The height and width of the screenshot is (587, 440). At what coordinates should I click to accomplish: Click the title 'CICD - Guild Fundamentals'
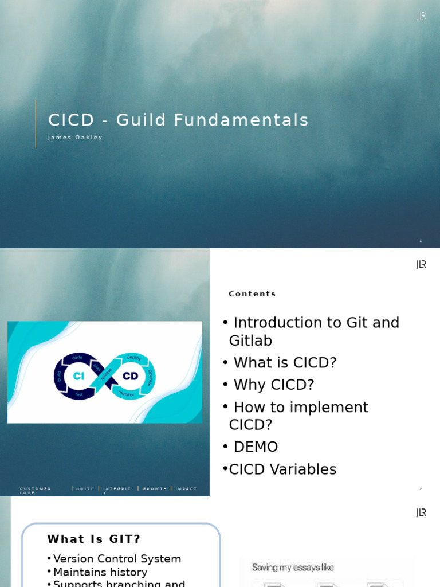178,120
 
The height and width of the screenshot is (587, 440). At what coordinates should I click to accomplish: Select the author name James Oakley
75,138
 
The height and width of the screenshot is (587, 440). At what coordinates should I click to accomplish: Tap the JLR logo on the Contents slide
421,264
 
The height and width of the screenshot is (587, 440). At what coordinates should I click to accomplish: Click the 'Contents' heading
252,294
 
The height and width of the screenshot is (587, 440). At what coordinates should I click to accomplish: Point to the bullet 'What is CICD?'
285,363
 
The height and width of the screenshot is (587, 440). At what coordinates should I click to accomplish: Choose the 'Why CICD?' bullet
273,385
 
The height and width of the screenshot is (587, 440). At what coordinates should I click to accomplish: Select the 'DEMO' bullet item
256,447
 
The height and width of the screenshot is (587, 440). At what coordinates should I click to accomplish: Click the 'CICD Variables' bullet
282,469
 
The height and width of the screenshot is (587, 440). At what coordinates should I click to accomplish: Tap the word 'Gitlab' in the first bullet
250,341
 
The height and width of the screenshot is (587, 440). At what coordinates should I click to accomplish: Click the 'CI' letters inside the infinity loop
78,376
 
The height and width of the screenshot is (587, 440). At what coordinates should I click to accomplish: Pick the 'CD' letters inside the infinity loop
130,376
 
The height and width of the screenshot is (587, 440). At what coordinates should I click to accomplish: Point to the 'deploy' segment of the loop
134,358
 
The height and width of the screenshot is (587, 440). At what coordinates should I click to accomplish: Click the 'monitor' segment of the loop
126,394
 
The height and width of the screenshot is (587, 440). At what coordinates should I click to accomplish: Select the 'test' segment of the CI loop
79,395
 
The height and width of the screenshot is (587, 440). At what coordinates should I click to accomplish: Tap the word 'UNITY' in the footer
85,489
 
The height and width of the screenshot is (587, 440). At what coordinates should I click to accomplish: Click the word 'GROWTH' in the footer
155,489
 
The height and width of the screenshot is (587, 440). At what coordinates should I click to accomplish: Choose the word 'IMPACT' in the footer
186,489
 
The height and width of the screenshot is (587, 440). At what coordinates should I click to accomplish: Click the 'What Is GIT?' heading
94,539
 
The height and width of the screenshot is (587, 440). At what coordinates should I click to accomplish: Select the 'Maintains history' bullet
100,572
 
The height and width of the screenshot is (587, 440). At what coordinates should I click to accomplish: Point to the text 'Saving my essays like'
293,568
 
